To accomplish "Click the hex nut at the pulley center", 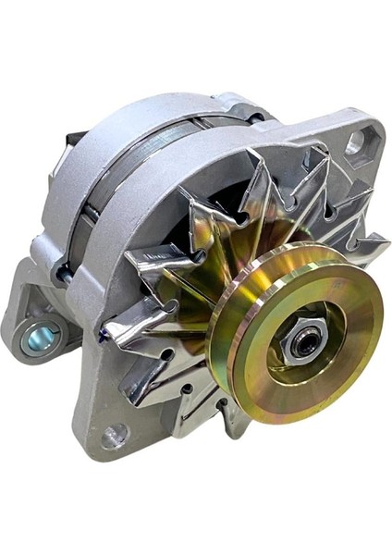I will pos(300,344).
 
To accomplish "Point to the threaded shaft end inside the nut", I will pos(302,345).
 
